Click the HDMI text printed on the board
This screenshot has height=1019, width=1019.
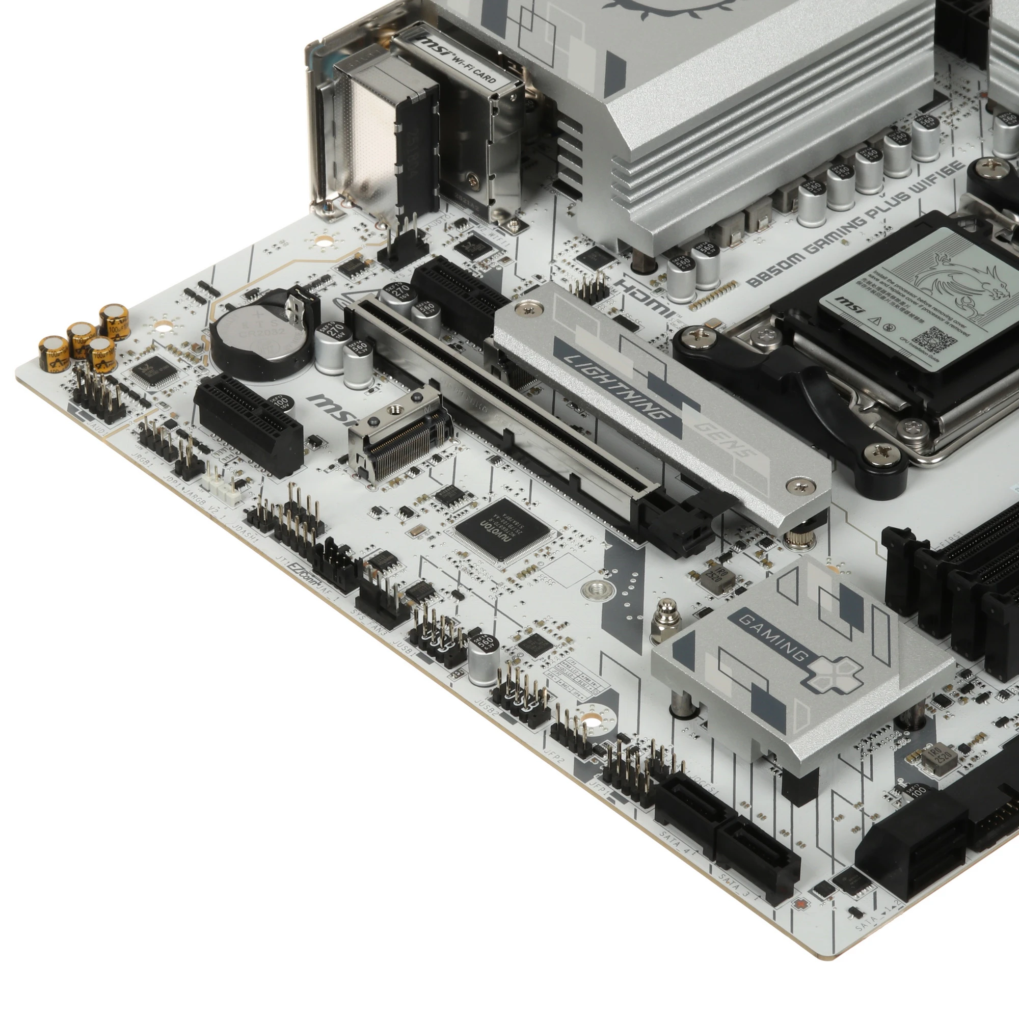tap(644, 298)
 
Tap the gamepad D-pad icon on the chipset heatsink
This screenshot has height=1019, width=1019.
tap(834, 673)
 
